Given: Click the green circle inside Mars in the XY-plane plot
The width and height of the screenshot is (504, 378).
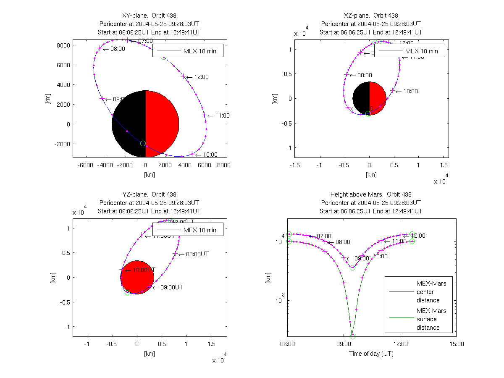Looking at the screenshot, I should [143, 143].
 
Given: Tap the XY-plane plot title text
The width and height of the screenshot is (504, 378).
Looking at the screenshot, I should [146, 16].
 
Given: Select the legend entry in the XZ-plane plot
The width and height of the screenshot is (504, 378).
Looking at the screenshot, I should [409, 51].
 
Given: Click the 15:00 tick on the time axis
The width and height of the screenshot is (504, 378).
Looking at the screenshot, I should [457, 344].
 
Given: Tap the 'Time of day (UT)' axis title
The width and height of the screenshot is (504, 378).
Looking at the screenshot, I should [371, 353].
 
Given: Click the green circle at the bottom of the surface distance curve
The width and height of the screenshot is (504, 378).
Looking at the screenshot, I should [352, 336].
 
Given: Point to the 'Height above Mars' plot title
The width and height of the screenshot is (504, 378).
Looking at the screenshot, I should [371, 194].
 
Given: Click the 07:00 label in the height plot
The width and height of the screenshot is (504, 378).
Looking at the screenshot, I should [324, 236].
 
